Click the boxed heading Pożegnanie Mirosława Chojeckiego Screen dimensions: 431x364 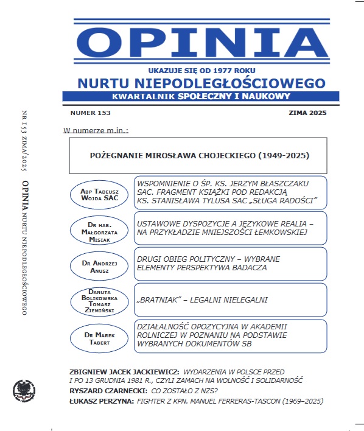point(198,155)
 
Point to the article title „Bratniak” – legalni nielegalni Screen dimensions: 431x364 point(203,299)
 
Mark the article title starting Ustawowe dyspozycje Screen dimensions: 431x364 point(225,227)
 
